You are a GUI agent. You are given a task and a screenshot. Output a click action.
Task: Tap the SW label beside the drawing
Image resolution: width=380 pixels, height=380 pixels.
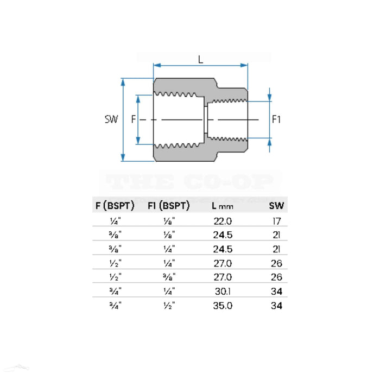tap(111, 119)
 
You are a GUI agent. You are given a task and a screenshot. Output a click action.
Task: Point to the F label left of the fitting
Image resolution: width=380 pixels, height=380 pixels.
tap(133, 119)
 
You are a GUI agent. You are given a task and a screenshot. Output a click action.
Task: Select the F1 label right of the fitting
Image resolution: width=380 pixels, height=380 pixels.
tap(277, 119)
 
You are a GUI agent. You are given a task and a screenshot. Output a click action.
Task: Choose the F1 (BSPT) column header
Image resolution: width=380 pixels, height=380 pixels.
tap(168, 206)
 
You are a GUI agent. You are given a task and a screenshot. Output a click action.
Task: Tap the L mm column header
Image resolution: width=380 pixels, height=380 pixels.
tap(221, 206)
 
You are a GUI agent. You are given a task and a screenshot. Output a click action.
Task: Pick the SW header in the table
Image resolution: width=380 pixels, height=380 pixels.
tap(277, 206)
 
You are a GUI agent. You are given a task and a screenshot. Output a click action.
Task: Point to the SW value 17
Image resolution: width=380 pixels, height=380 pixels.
tap(277, 221)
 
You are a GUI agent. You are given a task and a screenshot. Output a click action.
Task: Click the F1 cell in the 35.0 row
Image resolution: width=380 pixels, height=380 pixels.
tap(168, 306)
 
